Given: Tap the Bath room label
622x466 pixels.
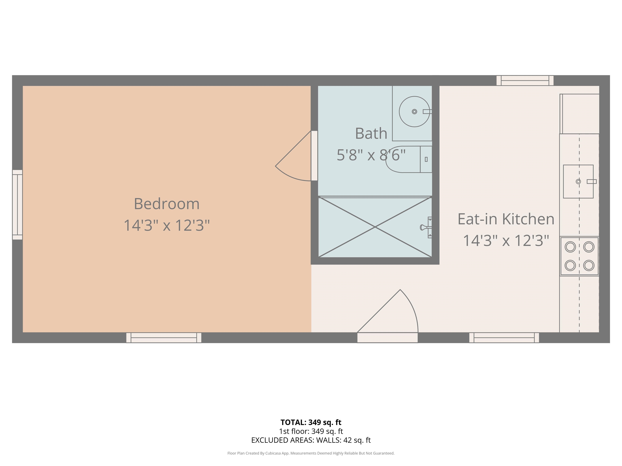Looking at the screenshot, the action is [x=371, y=133].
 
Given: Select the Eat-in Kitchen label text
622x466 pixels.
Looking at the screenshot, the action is [x=506, y=219].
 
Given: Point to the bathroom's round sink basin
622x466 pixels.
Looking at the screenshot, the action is [x=414, y=111].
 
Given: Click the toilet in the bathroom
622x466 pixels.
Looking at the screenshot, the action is [x=409, y=159].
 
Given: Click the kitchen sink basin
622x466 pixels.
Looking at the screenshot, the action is [x=578, y=181].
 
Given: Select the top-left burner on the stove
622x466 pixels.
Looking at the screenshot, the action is [x=570, y=247].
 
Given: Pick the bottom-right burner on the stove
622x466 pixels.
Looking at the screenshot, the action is [x=589, y=265].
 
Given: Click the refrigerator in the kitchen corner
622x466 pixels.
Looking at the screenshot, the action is [x=579, y=114].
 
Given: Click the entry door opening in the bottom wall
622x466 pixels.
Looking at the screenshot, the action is [x=388, y=338].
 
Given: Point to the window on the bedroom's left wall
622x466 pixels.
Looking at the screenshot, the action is [x=17, y=205].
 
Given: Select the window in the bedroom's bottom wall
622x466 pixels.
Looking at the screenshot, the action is [x=164, y=338].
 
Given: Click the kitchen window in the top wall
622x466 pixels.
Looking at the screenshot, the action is [x=525, y=81].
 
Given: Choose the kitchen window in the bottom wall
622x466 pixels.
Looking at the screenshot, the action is [x=504, y=338].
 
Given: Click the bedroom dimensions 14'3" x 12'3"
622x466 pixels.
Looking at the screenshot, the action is [x=167, y=225].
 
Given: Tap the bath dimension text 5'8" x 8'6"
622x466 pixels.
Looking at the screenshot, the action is [x=371, y=155].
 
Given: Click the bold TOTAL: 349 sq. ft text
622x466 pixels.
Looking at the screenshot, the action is [x=311, y=423].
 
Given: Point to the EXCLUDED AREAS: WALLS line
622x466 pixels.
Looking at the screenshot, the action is [x=311, y=440].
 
